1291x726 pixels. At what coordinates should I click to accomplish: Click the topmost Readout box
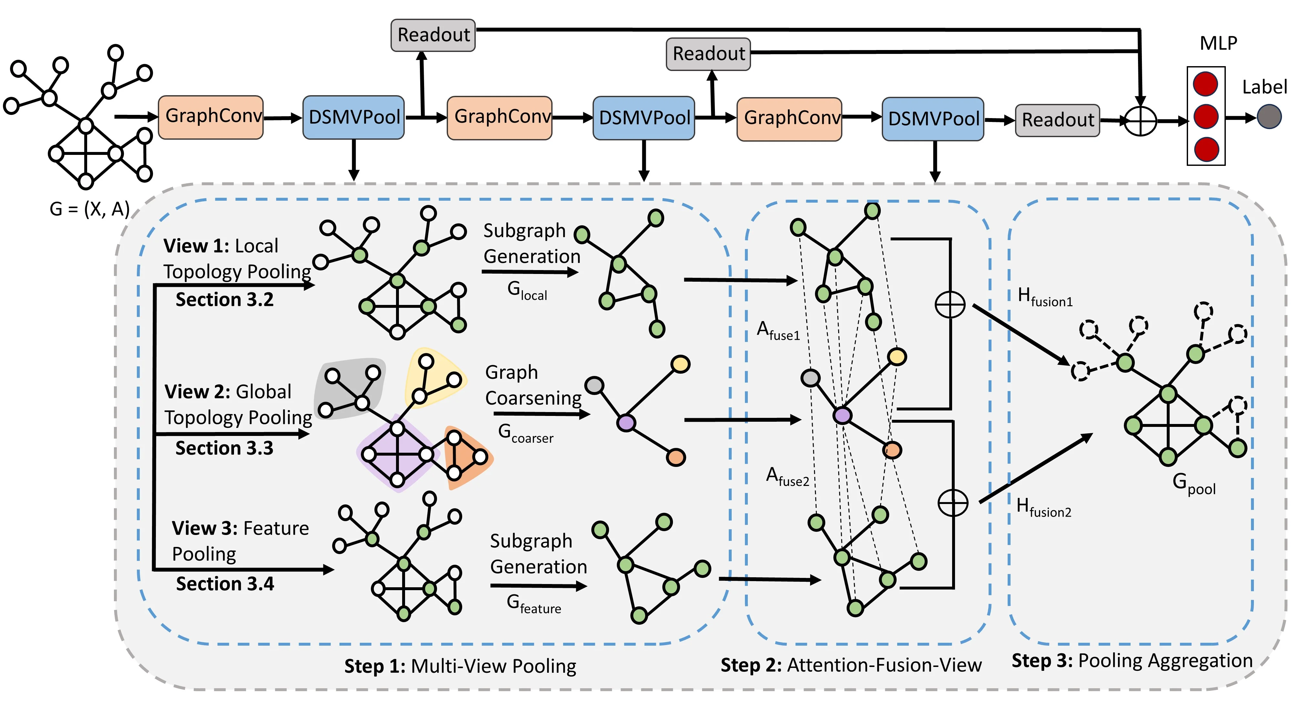coord(433,35)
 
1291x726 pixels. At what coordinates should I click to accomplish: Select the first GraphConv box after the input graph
coord(211,117)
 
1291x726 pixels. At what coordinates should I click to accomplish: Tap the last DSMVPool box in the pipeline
coord(933,119)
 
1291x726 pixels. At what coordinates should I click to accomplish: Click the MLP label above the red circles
coord(1218,44)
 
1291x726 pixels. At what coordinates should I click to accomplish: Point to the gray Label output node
coord(1269,117)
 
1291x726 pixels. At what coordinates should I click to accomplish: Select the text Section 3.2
coord(225,300)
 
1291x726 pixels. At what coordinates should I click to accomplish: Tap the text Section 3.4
coord(225,584)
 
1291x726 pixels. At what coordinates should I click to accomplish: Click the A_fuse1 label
coord(778,331)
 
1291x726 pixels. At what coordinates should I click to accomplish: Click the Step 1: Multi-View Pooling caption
coord(460,666)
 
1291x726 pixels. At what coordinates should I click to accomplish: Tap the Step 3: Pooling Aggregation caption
coord(1132,661)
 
